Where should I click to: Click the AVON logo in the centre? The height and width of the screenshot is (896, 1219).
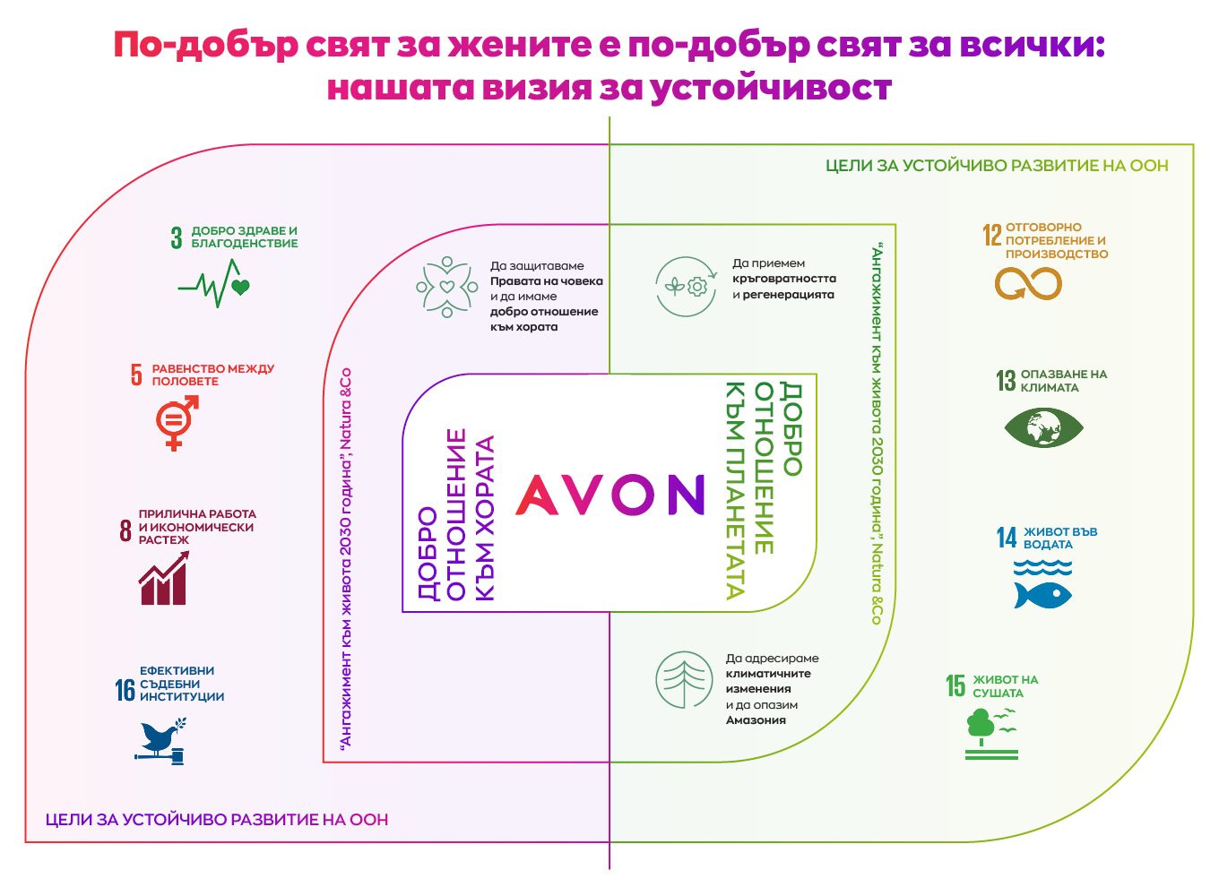pyautogui.click(x=610, y=495)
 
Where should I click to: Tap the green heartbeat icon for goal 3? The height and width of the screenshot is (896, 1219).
pyautogui.click(x=214, y=283)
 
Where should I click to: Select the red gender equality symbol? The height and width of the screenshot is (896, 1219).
pyautogui.click(x=177, y=423)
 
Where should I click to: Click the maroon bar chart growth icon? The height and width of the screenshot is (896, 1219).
pyautogui.click(x=164, y=578)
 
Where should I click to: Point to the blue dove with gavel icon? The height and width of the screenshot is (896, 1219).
pyautogui.click(x=160, y=741)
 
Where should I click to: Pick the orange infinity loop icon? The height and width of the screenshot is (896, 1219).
pyautogui.click(x=1028, y=283)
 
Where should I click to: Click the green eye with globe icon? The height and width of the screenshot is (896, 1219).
pyautogui.click(x=1043, y=427)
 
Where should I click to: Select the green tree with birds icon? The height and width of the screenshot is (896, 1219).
pyautogui.click(x=991, y=733)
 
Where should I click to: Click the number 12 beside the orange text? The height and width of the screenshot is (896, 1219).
pyautogui.click(x=992, y=235)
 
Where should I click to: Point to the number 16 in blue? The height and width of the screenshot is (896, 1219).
pyautogui.click(x=125, y=690)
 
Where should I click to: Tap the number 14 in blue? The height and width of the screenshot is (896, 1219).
pyautogui.click(x=1007, y=538)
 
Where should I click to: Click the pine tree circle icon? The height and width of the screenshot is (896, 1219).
pyautogui.click(x=684, y=679)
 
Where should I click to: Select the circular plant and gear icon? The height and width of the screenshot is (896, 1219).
pyautogui.click(x=685, y=286)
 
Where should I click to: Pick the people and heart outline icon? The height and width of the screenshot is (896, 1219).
pyautogui.click(x=446, y=287)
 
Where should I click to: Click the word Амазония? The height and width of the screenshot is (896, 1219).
pyautogui.click(x=756, y=720)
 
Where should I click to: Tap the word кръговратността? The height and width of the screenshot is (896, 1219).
pyautogui.click(x=784, y=279)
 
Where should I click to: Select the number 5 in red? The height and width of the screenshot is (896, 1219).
pyautogui.click(x=136, y=375)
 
